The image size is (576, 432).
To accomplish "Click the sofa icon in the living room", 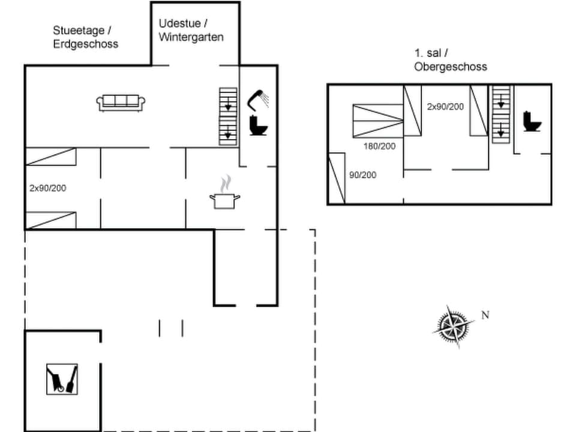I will (121, 103).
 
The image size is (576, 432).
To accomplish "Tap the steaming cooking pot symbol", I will (224, 194).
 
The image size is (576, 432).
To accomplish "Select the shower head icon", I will (259, 98).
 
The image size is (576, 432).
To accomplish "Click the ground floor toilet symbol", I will (260, 126).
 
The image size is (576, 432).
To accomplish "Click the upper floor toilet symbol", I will (532, 122).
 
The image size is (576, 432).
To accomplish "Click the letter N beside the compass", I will (485, 315).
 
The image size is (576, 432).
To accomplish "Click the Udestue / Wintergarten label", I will (191, 30).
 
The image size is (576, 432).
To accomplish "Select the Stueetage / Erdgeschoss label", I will (85, 37).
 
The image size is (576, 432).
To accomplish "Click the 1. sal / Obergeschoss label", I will (450, 60).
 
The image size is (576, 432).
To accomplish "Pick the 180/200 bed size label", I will (379, 146).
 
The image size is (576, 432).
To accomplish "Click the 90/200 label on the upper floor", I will (362, 175).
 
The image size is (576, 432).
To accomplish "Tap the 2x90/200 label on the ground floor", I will (47, 188).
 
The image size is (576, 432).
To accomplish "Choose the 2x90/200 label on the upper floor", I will (445, 107).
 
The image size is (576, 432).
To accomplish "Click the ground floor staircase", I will (228, 116).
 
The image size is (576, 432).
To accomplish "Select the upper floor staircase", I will (500, 114).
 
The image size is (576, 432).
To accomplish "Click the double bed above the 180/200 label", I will (377, 121).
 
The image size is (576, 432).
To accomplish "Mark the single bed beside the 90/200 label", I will (337, 178).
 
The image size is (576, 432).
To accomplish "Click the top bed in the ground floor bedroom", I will (51, 157).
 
